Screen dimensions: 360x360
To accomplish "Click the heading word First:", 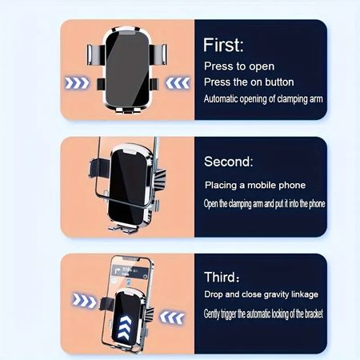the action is [223, 45].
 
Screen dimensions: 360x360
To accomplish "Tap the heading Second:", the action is [229, 162].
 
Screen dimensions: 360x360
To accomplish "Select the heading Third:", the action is [222, 277].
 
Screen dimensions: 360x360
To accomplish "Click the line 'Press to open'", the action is [239, 66].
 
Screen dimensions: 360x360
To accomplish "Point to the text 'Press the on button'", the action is [249, 82].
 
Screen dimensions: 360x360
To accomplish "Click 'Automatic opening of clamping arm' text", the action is [263, 99].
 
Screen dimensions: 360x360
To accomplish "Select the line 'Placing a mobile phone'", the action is [255, 186].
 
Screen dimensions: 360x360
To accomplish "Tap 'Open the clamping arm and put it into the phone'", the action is [265, 204].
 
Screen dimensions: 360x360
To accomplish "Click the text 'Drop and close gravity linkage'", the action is [261, 294].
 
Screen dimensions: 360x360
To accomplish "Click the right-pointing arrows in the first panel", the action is [77, 83].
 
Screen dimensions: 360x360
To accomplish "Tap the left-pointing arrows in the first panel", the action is [178, 82].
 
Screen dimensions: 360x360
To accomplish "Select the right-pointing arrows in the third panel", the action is [84, 301].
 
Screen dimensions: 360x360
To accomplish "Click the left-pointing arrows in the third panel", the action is [172, 317].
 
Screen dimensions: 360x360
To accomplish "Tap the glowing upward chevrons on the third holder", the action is [125, 328].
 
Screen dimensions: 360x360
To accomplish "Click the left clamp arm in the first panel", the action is [95, 55].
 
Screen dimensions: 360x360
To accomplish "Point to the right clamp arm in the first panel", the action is [158, 54].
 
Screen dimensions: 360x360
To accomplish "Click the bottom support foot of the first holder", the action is [128, 110].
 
